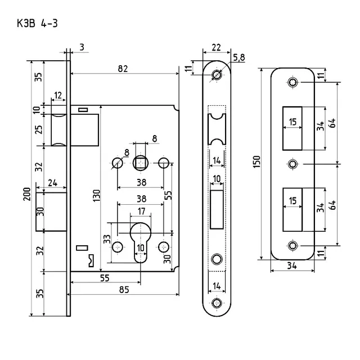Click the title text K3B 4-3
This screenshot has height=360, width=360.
37,24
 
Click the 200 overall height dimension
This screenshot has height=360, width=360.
27,194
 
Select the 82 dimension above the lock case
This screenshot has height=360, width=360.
123,69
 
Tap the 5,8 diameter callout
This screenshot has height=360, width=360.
239,57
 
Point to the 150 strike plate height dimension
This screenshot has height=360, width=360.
256,161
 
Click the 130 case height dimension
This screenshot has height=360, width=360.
97,196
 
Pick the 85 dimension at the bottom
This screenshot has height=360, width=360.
124,290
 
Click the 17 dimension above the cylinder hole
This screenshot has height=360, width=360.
141,211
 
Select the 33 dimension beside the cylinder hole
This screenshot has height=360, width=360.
107,238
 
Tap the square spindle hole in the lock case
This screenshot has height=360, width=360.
140,163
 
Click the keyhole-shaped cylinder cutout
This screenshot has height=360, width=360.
141,242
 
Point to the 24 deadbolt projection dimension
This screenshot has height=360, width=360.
52,183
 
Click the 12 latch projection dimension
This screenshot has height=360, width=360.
58,95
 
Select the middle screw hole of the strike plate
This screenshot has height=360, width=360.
292,164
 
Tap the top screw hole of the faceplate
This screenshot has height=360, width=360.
217,75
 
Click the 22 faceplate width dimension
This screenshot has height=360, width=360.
216,47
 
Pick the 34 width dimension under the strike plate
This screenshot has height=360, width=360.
292,265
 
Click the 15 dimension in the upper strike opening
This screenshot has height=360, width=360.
292,121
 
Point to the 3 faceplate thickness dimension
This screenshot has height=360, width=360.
82,47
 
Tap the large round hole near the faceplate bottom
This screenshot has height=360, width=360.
217,259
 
